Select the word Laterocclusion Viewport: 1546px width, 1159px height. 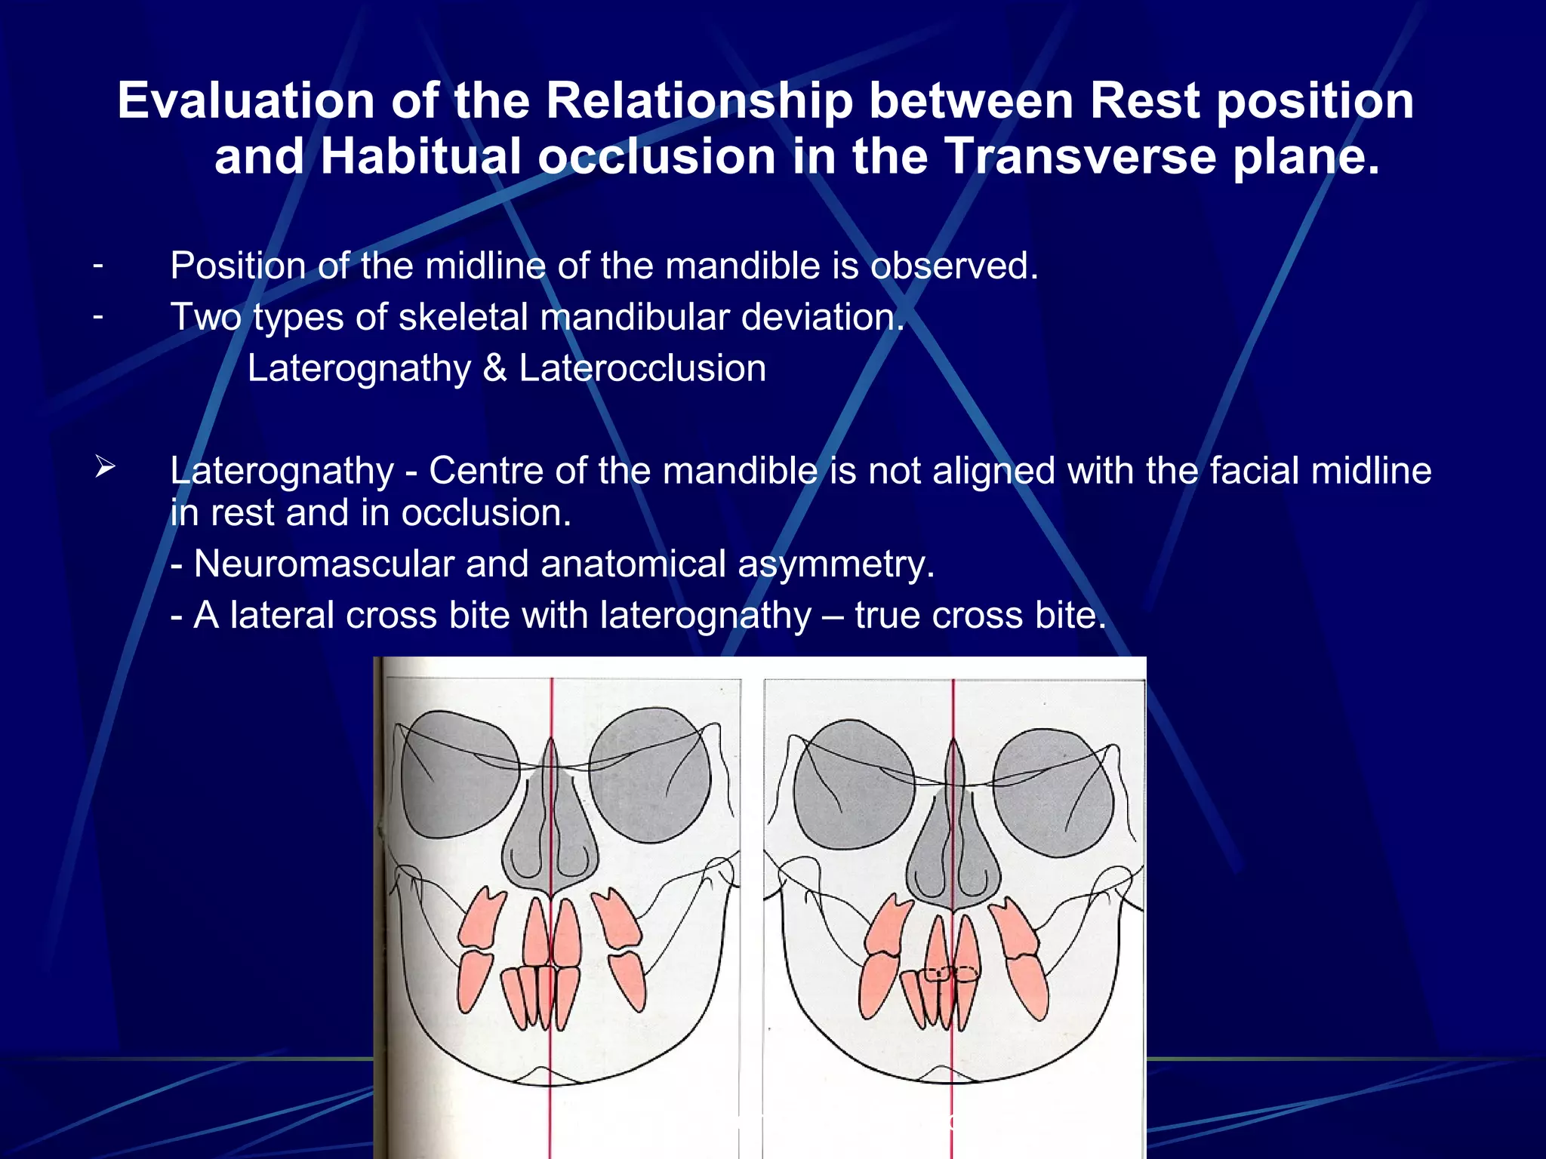(642, 369)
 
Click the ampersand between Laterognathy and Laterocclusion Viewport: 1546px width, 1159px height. (494, 369)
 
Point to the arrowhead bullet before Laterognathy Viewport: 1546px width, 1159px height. (105, 468)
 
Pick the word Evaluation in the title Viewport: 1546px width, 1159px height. (246, 101)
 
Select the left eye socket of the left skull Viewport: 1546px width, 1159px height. (459, 773)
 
